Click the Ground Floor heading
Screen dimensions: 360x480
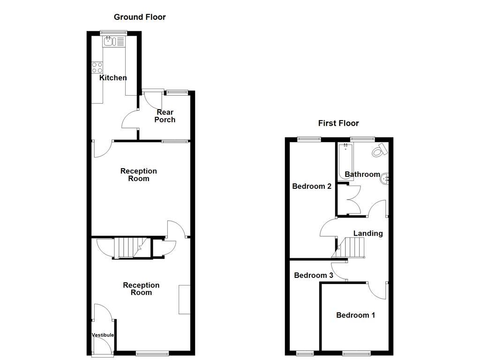point(140,17)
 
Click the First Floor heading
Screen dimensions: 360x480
point(338,123)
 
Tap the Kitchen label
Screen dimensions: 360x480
point(113,78)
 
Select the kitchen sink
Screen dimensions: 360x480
point(110,42)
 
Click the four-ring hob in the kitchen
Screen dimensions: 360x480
point(97,67)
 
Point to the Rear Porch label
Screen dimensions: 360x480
point(165,116)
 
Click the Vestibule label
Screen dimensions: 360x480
point(103,335)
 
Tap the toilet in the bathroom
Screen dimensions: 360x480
point(379,150)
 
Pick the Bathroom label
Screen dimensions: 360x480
point(362,174)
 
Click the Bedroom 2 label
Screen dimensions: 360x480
point(312,186)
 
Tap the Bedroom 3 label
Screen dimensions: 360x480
point(313,275)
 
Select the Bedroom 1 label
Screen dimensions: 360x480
point(355,315)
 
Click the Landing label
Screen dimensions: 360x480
point(367,233)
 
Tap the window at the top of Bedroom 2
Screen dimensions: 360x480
point(309,138)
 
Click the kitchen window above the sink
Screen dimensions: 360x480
point(113,32)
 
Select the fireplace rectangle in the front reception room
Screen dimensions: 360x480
point(184,299)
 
